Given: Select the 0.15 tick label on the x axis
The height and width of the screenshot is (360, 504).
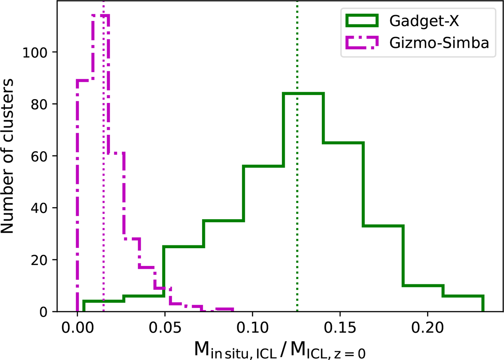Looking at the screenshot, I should [340, 328].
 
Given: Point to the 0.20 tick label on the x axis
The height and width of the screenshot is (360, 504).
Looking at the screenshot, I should [427, 328].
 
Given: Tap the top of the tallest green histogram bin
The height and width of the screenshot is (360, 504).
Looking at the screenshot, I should [304, 93].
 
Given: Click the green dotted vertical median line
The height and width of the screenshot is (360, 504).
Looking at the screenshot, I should [297, 210].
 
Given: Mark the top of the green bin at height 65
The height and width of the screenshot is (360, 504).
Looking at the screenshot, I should [343, 143].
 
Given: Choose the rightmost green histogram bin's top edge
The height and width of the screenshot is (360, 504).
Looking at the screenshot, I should [463, 296].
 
